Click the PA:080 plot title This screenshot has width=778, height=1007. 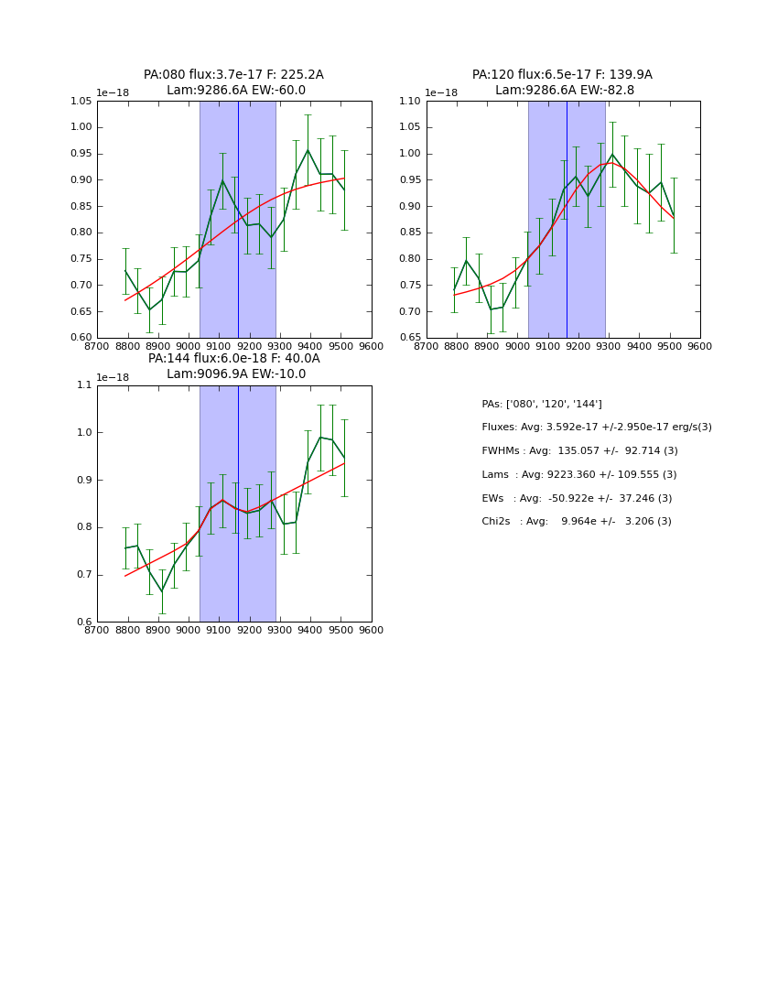click(233, 75)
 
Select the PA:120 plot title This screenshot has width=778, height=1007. click(562, 75)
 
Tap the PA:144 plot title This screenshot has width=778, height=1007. click(233, 359)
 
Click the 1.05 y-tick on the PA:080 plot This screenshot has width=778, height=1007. click(81, 102)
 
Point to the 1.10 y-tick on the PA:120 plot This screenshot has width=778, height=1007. click(410, 102)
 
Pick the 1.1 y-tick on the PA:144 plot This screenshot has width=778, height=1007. click(84, 385)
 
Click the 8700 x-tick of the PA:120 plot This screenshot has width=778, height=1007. click(427, 346)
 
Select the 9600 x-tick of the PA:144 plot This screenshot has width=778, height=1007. click(371, 630)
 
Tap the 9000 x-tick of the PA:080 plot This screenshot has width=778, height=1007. click(189, 346)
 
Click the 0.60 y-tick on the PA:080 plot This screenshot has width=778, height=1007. click(81, 338)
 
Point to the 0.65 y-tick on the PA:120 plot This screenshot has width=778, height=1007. click(410, 338)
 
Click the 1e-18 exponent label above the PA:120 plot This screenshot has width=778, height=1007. click(441, 92)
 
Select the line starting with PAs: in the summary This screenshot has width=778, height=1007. click(542, 404)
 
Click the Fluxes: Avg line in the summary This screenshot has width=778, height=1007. click(596, 428)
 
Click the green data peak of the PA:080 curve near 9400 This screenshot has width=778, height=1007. click(308, 150)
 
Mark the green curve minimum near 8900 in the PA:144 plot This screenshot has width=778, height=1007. click(162, 591)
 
